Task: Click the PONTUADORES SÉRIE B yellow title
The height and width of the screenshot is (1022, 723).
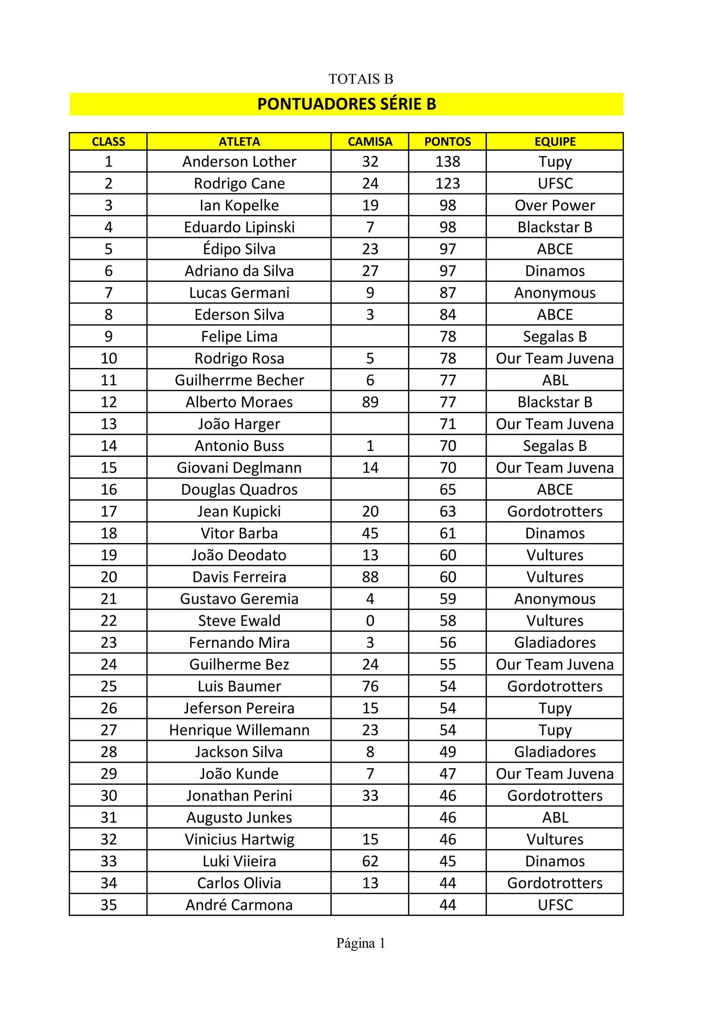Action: [346, 104]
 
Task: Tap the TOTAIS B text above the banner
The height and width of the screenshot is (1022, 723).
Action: [360, 79]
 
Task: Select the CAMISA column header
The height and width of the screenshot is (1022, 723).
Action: [370, 142]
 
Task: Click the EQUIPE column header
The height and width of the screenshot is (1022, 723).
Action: [555, 142]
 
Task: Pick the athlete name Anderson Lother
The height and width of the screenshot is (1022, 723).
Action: [239, 162]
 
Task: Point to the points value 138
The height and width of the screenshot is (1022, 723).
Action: [447, 162]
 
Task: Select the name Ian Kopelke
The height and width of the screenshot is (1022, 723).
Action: [239, 205]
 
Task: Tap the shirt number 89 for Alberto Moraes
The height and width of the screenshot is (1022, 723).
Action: [370, 402]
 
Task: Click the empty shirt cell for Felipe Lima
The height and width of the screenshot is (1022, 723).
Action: [370, 337]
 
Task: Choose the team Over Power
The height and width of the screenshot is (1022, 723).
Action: [555, 205]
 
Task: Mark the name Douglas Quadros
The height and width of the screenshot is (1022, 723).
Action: [239, 489]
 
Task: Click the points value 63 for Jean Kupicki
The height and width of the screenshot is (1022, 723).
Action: [447, 511]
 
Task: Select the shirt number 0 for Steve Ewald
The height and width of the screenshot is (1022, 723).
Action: [370, 620]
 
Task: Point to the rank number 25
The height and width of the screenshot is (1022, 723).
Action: [109, 686]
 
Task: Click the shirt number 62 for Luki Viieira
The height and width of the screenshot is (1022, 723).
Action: [370, 861]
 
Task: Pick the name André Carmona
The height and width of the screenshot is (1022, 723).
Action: [239, 905]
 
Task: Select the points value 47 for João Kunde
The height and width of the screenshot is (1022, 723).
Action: [447, 774]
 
